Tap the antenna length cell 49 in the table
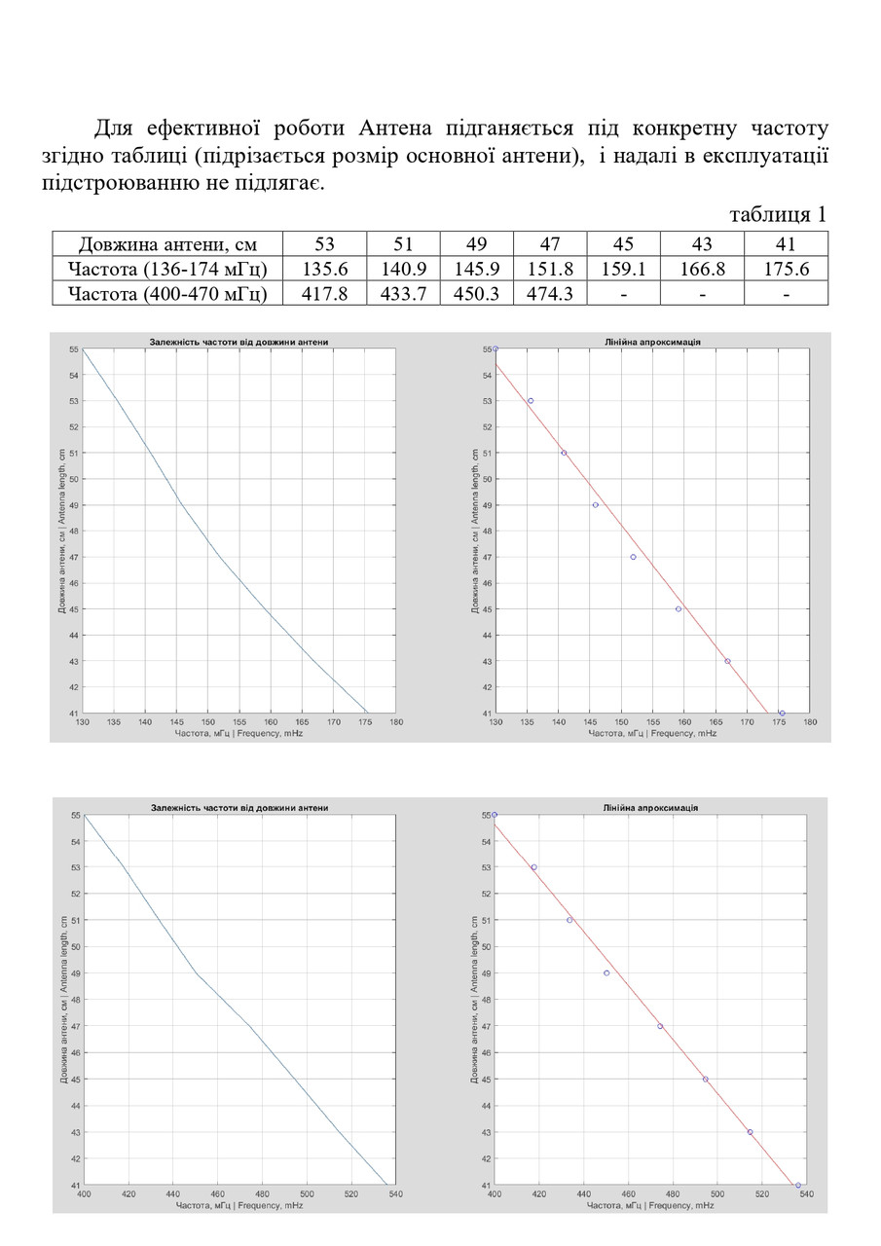click(476, 244)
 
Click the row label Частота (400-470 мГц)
click(166, 293)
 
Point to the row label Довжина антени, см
click(166, 244)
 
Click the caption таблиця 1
click(778, 214)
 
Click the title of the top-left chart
click(239, 342)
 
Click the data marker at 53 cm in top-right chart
click(531, 401)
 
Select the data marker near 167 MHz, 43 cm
click(727, 661)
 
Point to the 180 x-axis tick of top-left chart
click(396, 722)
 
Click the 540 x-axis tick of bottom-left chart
click(396, 1194)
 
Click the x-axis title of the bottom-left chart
click(239, 1205)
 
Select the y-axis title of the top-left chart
click(62, 531)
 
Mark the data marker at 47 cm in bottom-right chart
click(660, 1026)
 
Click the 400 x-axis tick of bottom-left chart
click(84, 1194)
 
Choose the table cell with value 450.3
click(476, 293)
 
